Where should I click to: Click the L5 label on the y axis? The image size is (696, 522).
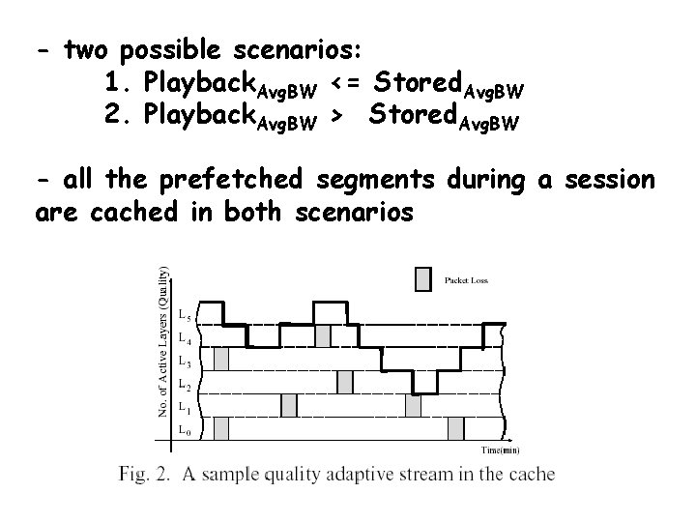pyautogui.click(x=184, y=316)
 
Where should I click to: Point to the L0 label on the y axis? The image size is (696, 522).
pyautogui.click(x=184, y=428)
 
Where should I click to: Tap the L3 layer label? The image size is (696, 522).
pyautogui.click(x=184, y=361)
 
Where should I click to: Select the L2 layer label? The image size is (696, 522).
pyautogui.click(x=184, y=384)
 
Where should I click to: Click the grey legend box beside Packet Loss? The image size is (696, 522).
pyautogui.click(x=422, y=279)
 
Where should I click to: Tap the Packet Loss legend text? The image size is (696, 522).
pyautogui.click(x=466, y=280)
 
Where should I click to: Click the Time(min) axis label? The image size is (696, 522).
pyautogui.click(x=501, y=449)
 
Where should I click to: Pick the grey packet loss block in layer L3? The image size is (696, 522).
pyautogui.click(x=221, y=359)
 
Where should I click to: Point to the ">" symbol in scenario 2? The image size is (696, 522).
pyautogui.click(x=336, y=115)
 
